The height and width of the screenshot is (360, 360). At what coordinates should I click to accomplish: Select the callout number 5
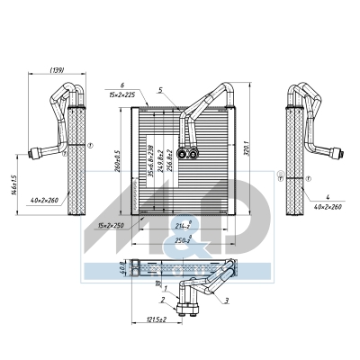click(x=159, y=89)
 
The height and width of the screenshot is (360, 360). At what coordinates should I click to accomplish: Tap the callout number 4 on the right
click(x=328, y=196)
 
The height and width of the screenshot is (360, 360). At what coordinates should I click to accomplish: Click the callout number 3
click(x=226, y=300)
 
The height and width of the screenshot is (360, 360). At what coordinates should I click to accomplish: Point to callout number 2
click(x=162, y=300)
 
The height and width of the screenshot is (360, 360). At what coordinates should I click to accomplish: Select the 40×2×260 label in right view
click(x=328, y=207)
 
